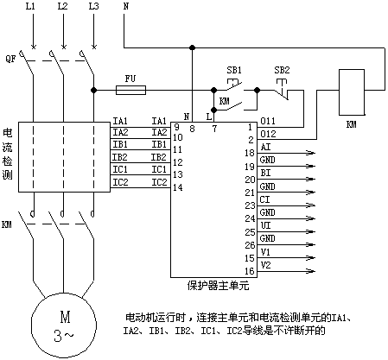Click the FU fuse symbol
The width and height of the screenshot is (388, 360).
click(130, 90)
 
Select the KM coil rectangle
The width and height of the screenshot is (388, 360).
click(352, 92)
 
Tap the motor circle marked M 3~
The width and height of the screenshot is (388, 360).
click(64, 326)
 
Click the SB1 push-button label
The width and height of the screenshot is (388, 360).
click(234, 70)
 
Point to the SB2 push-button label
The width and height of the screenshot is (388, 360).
click(282, 70)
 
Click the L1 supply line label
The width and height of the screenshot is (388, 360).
click(30, 6)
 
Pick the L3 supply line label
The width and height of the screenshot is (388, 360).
click(93, 6)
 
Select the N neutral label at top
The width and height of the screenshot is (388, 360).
click(126, 6)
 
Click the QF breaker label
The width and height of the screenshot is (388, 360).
click(10, 60)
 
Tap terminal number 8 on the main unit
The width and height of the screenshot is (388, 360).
click(192, 129)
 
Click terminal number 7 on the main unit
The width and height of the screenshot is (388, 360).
click(214, 129)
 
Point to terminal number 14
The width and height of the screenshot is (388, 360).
click(178, 187)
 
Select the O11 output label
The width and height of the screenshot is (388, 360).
click(268, 121)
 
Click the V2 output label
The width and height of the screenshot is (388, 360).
click(265, 265)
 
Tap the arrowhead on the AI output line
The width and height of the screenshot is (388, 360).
click(311, 153)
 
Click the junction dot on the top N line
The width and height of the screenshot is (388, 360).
click(192, 47)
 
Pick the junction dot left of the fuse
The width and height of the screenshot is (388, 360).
click(93, 90)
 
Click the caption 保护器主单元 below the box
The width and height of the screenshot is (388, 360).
click(218, 286)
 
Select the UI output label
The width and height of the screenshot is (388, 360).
click(265, 225)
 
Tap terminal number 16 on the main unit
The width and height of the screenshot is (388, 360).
click(250, 271)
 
